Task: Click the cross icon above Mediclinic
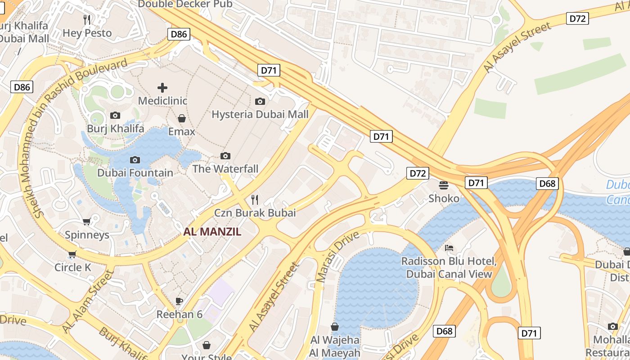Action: point(162,87)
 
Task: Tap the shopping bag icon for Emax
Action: point(182,118)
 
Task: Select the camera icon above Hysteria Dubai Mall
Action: point(260,101)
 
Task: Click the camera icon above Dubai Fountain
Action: point(135,160)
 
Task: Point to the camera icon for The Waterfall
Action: point(225,156)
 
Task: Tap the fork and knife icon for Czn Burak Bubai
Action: point(255,199)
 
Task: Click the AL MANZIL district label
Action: point(212,232)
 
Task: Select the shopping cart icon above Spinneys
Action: point(87,221)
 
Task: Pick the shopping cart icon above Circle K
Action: point(72,255)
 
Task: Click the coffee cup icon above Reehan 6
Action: point(179,301)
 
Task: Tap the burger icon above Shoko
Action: point(444,185)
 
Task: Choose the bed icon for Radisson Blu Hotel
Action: point(449,248)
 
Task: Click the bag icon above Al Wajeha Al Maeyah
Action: point(335,327)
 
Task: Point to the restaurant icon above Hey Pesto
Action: point(87,20)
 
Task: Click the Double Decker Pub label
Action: point(185,4)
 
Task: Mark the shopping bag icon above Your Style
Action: point(206,345)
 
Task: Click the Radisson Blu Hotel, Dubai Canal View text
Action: point(449,267)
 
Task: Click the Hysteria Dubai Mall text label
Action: point(260,114)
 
